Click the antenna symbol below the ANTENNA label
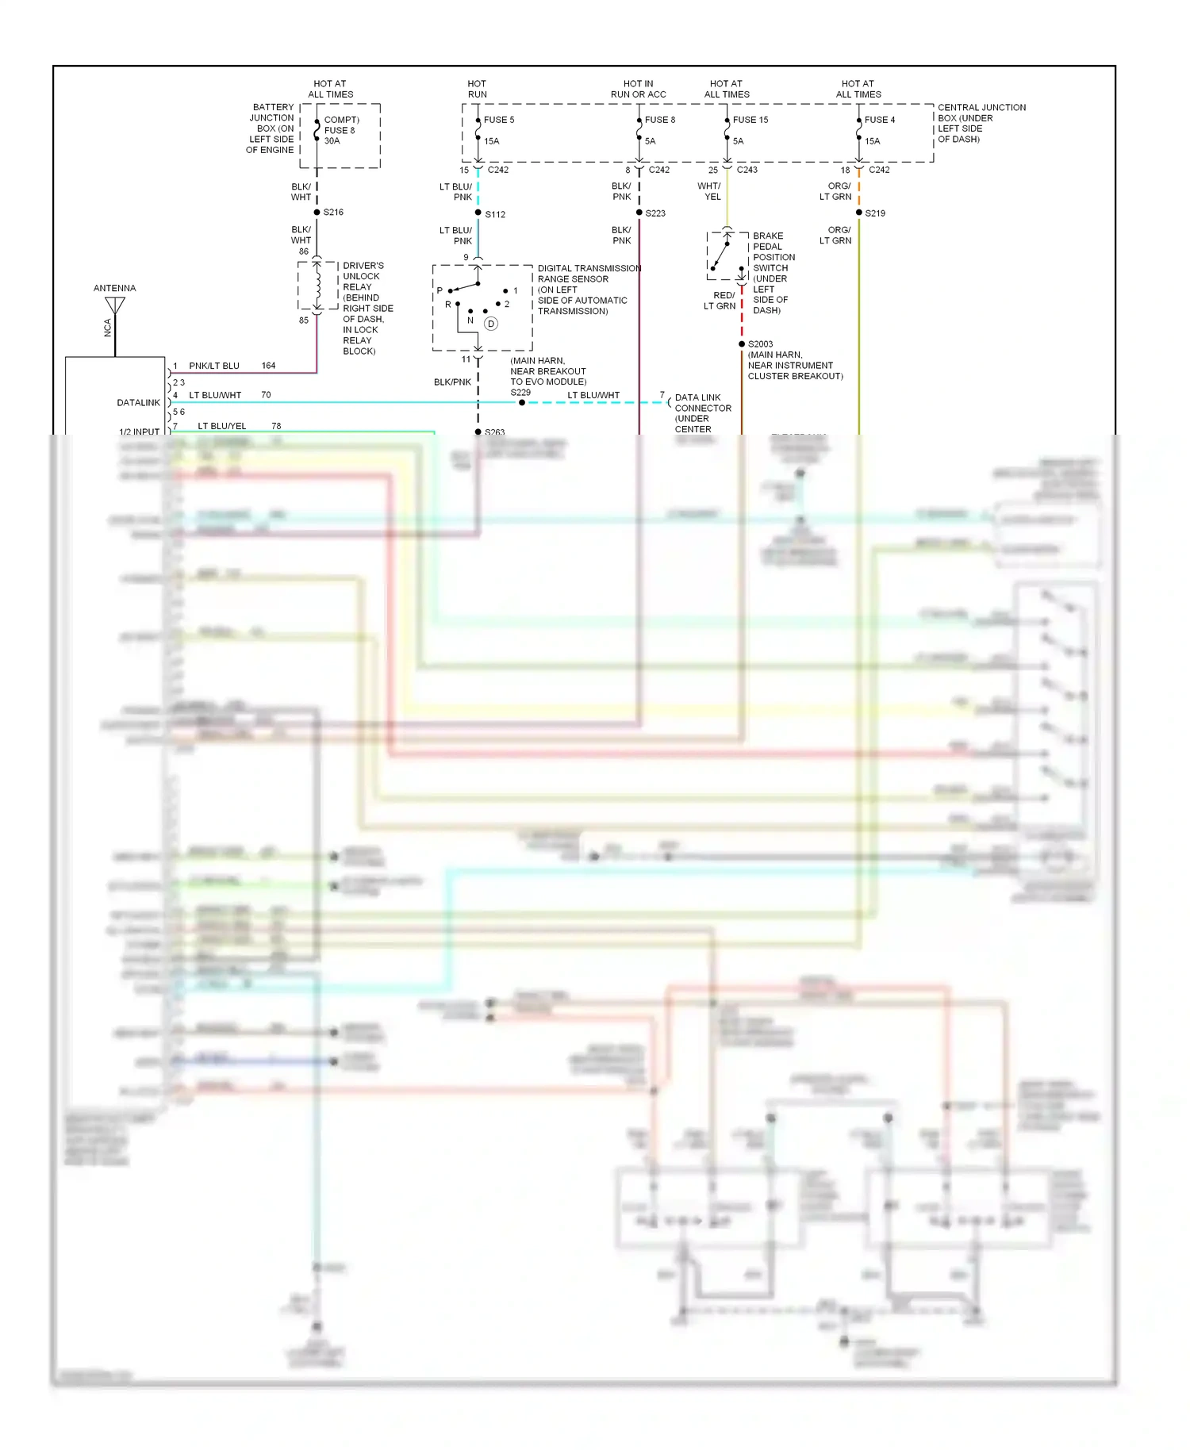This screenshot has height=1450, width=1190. point(115,305)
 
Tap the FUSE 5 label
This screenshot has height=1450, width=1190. point(499,120)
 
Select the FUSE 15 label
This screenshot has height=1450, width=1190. point(750,120)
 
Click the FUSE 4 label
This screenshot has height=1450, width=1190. point(879,120)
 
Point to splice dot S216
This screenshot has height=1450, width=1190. point(317,212)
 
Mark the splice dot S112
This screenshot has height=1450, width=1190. point(478,213)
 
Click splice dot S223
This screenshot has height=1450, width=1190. point(639,213)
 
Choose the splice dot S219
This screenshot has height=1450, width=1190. point(858,213)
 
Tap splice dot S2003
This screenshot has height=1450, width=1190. point(741,344)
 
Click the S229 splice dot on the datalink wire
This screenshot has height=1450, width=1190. point(521,402)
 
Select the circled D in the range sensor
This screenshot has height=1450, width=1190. point(491,324)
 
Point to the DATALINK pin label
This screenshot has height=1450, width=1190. point(138,403)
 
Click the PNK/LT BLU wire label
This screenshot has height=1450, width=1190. point(213,366)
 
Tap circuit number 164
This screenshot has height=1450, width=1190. point(268,366)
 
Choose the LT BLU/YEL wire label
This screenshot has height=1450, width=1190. point(221,426)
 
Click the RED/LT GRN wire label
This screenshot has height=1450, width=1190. point(720,301)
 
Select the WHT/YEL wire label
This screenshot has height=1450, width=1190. point(709,191)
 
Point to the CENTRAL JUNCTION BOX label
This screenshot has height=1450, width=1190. point(981,113)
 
